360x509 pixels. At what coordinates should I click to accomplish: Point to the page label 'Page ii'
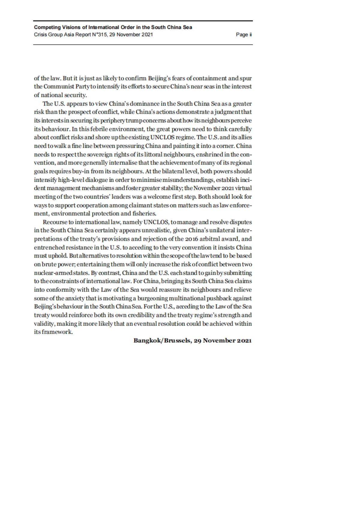[x=244, y=34]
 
